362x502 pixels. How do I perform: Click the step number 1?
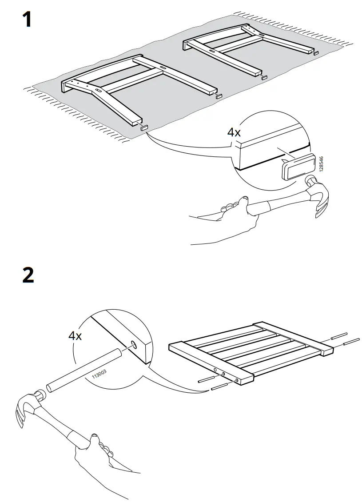click(x=27, y=20)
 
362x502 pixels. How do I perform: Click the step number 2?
click(x=28, y=275)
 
